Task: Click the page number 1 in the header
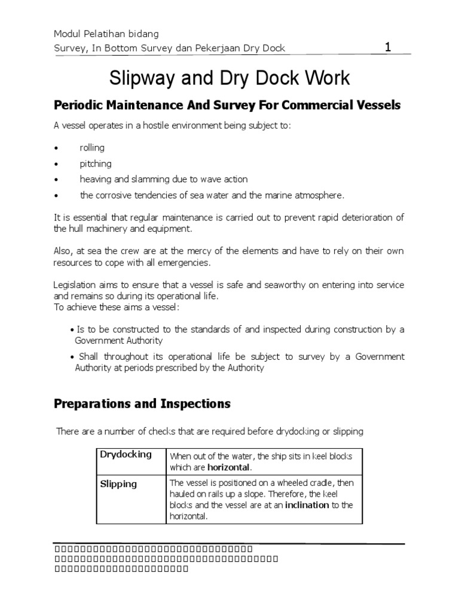387,48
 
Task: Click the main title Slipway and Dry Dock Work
229,79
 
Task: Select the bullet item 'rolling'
92,148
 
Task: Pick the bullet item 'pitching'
96,163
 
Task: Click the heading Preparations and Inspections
142,404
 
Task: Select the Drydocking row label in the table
126,454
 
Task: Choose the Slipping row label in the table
118,484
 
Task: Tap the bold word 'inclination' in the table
307,505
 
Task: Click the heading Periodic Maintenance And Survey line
227,105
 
